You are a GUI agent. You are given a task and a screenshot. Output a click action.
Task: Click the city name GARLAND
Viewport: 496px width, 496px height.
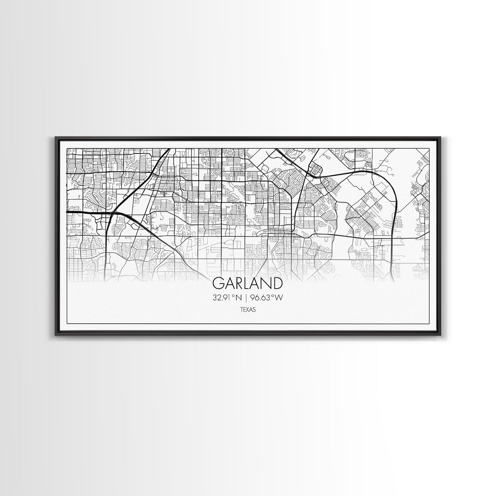pos(247,283)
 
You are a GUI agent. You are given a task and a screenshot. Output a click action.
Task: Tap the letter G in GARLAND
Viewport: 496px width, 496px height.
pos(219,283)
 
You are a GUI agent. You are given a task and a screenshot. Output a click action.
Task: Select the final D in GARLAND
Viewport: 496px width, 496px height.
pos(277,283)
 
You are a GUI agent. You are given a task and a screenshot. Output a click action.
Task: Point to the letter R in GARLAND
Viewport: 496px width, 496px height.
pos(238,283)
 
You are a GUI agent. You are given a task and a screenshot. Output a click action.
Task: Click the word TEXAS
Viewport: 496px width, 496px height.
pos(248,310)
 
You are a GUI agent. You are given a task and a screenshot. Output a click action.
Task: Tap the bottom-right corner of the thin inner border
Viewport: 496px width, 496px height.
pos(429,323)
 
